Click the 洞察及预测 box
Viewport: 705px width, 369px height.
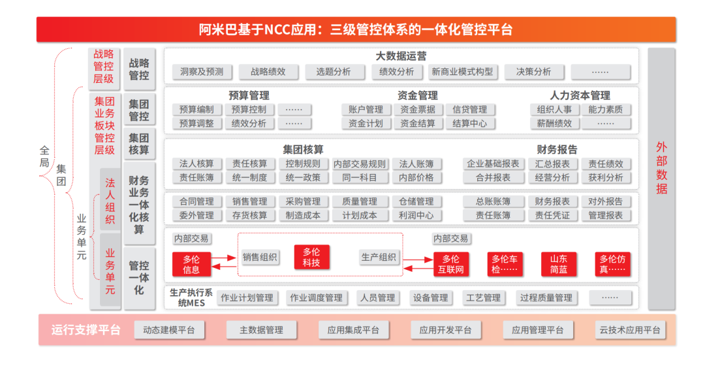202,72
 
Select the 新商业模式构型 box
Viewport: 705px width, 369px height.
462,72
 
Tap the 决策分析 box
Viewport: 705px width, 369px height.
533,72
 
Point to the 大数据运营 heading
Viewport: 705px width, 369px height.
401,56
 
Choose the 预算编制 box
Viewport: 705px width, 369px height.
196,110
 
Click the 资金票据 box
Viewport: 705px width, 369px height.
418,110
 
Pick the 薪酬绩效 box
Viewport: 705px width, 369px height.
554,123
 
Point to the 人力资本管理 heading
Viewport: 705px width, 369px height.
580,95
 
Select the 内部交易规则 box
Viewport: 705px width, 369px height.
359,164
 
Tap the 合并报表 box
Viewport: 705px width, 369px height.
493,178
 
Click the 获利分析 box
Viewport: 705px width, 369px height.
606,178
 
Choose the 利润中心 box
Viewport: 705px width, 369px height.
416,216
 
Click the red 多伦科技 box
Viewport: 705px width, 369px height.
311,258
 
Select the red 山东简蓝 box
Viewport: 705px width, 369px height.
558,264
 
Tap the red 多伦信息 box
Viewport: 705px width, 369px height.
191,264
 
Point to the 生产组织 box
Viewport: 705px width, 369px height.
379,258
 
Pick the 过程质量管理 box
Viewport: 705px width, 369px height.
546,298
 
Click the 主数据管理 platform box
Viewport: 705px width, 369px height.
261,331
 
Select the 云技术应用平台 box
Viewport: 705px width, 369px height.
629,331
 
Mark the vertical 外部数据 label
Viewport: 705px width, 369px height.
661,168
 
